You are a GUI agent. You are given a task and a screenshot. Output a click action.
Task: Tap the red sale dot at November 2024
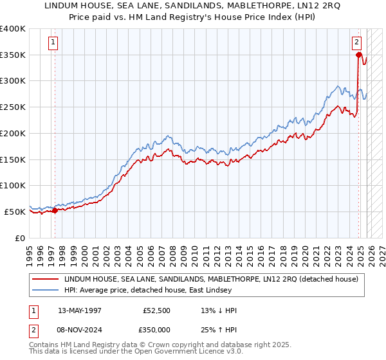click(x=358, y=55)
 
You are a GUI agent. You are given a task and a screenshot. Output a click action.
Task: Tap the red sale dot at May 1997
click(x=55, y=210)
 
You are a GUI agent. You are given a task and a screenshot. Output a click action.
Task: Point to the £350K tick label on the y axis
click(x=13, y=55)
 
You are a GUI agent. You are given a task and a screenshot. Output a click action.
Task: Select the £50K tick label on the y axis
click(x=15, y=211)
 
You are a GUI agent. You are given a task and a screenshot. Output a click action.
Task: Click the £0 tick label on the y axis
click(x=21, y=237)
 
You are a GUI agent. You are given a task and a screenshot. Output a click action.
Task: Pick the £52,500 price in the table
click(x=157, y=310)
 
